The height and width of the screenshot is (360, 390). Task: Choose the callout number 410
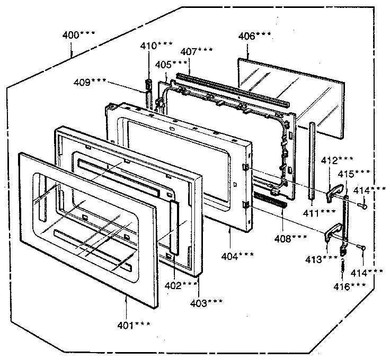pyautogui.click(x=156, y=46)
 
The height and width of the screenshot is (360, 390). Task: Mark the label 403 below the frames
pyautogui.click(x=207, y=302)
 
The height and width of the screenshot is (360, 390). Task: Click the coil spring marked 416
pyautogui.click(x=343, y=265)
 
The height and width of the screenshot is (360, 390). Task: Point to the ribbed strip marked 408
pyautogui.click(x=270, y=200)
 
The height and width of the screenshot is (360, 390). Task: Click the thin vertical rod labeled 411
pyautogui.click(x=311, y=159)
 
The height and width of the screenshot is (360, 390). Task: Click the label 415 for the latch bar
pyautogui.click(x=362, y=173)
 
